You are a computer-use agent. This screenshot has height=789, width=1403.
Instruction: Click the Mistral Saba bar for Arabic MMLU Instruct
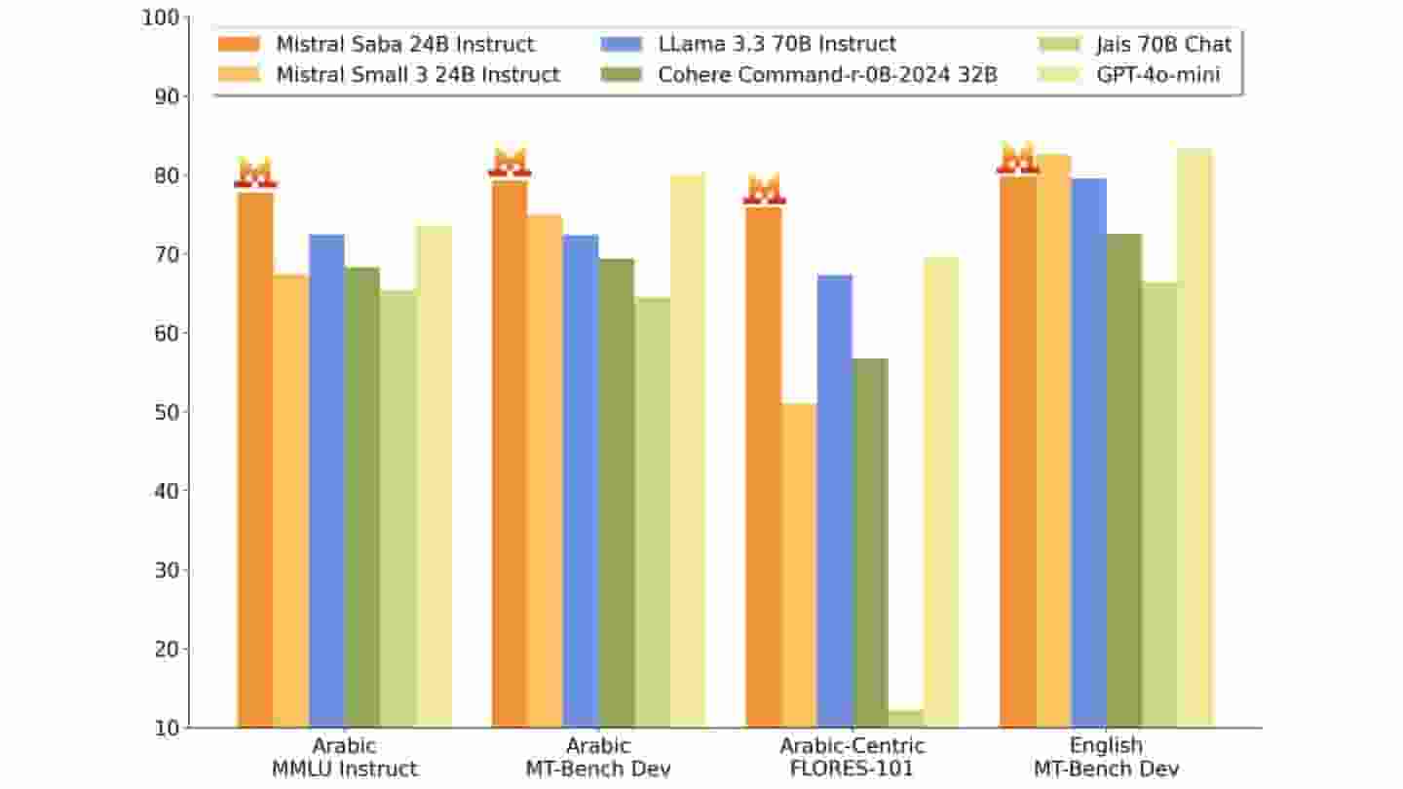pos(255,458)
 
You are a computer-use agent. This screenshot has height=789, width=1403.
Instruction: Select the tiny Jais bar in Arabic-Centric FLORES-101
pos(906,719)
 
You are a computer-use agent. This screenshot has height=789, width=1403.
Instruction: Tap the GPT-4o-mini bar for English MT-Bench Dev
pos(1194,438)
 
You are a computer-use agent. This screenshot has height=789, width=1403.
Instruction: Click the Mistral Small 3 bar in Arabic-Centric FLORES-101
pos(800,565)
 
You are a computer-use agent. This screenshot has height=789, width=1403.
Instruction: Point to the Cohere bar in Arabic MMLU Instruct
pos(362,497)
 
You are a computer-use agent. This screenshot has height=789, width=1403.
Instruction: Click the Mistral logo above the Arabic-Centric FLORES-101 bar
pos(764,189)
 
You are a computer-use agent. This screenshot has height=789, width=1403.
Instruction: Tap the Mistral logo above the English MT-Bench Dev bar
pos(1018,158)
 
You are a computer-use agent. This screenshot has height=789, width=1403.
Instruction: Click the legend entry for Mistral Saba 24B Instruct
pos(376,44)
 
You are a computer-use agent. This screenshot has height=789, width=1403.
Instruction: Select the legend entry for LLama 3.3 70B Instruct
pos(750,44)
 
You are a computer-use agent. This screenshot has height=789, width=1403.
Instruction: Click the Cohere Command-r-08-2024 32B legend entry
pos(800,74)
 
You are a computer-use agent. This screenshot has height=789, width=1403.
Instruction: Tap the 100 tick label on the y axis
pos(161,18)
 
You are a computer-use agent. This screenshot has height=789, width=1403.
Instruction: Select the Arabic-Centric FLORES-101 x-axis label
pos(853,757)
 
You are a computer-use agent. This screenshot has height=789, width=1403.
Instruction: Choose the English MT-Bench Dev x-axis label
pos(1106,757)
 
